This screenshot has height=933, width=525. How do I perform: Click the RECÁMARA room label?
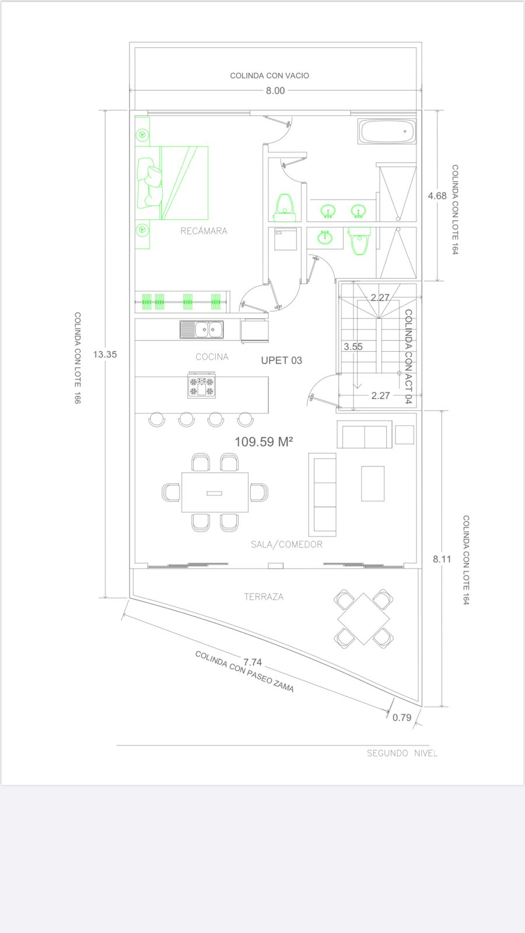[204, 231]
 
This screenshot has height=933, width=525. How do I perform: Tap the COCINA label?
[212, 357]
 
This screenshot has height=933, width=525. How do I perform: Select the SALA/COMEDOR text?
[286, 545]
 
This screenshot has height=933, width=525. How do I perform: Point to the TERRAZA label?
[264, 597]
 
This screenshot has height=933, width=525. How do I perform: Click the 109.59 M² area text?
[264, 441]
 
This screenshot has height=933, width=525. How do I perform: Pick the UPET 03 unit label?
[282, 360]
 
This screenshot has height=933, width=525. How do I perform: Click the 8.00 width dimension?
[275, 91]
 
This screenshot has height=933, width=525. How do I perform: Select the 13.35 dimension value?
[105, 355]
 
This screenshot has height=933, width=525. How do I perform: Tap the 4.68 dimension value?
[437, 196]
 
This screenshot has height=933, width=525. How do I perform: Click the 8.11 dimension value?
[442, 559]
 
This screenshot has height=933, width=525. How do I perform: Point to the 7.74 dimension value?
[253, 662]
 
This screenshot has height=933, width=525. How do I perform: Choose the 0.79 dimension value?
[402, 717]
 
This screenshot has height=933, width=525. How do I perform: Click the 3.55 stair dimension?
[353, 346]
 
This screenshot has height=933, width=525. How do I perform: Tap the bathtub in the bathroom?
[387, 132]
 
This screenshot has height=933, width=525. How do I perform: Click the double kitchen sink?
[202, 330]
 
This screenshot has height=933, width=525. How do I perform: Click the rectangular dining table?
[215, 492]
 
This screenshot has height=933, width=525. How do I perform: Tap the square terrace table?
[364, 619]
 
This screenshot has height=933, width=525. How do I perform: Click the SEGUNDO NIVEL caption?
[402, 753]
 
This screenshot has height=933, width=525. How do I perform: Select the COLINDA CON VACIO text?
[269, 75]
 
